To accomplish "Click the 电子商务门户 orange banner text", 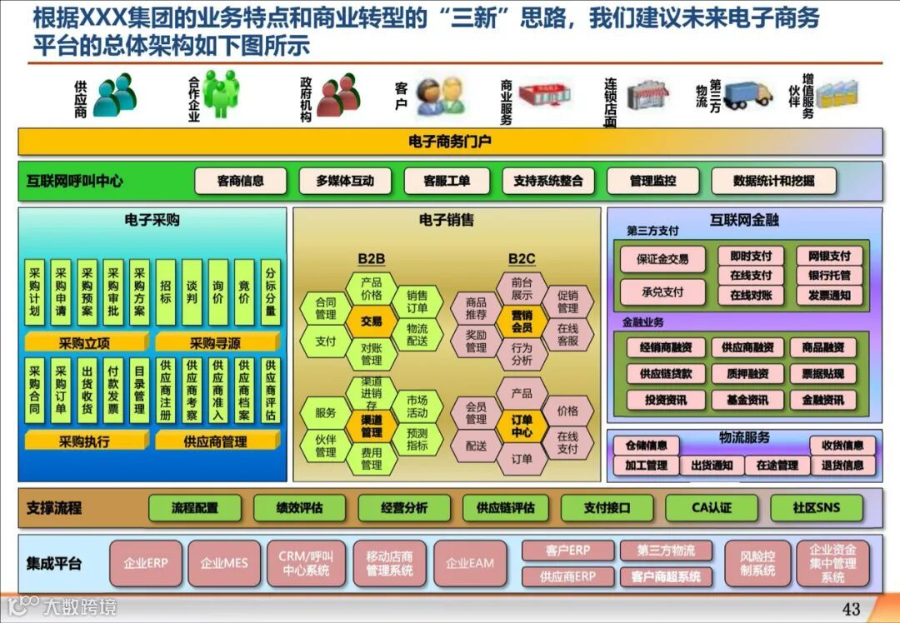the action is [x=450, y=142].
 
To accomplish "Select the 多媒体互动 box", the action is [x=345, y=181].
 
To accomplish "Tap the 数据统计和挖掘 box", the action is [x=773, y=181].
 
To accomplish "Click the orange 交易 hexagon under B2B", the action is [x=372, y=321].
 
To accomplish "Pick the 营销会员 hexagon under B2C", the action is [x=522, y=321].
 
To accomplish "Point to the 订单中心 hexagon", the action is [x=522, y=426].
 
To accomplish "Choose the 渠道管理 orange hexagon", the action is [x=372, y=426].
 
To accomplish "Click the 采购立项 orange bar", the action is [x=84, y=343].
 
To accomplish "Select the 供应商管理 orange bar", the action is [x=216, y=441].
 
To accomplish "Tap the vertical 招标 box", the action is [x=166, y=292].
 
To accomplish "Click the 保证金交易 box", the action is [x=662, y=259].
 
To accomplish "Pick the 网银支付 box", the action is [x=823, y=256].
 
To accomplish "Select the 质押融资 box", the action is [x=747, y=374].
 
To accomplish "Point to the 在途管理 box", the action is [x=777, y=466].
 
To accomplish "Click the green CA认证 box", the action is [x=711, y=507].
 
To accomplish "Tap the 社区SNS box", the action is [x=816, y=507].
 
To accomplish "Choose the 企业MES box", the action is [x=224, y=563].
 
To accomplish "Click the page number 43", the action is [x=851, y=609].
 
